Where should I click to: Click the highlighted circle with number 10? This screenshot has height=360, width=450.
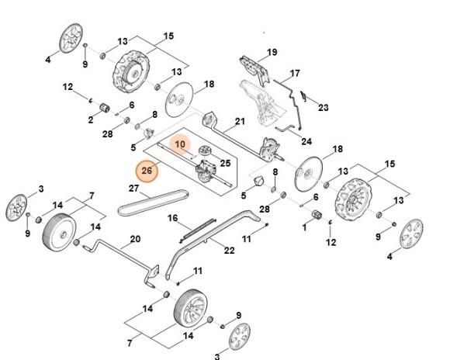[x=180, y=144]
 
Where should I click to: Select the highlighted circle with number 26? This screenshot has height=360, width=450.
[x=147, y=169]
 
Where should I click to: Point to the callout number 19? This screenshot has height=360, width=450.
[x=272, y=52]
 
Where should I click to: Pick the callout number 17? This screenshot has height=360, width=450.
[x=295, y=74]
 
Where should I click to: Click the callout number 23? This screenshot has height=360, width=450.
[x=324, y=107]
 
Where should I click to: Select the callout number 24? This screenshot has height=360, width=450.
[x=306, y=141]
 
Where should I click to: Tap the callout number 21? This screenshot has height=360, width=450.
[x=240, y=121]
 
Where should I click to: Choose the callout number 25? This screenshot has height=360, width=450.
[x=226, y=163]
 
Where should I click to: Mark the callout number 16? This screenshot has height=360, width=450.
[x=173, y=219]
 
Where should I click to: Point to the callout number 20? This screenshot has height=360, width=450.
[x=134, y=239]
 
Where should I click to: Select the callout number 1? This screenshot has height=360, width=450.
[x=303, y=228]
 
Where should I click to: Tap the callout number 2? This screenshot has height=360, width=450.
[x=90, y=120]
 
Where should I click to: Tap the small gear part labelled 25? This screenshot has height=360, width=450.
[x=206, y=150]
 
